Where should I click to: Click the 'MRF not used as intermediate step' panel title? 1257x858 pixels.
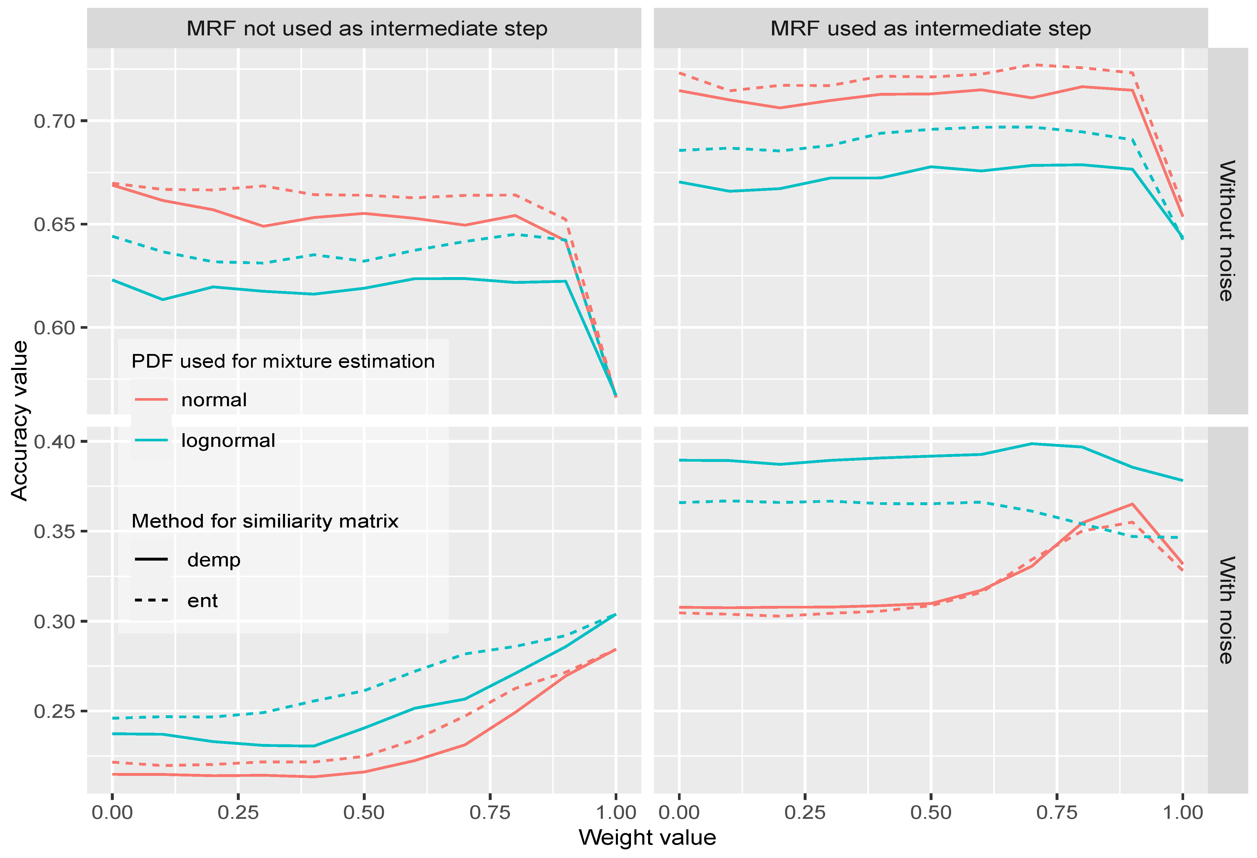coord(367,28)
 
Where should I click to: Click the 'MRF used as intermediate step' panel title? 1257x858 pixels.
coord(930,28)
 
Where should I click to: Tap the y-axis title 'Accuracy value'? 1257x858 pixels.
coord(19,421)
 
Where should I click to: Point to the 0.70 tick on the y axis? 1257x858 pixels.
coord(54,121)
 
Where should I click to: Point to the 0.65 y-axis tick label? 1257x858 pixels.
coord(54,224)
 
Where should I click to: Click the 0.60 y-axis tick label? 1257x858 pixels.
coord(54,328)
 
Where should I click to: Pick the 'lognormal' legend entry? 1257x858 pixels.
coord(228,441)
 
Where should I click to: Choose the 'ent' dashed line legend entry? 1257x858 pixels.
coord(202,601)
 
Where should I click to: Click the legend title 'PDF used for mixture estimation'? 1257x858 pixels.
coord(283,361)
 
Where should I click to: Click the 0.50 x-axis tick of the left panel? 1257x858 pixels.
coord(364,812)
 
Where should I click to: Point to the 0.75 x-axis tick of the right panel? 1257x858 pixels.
coord(1057,812)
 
